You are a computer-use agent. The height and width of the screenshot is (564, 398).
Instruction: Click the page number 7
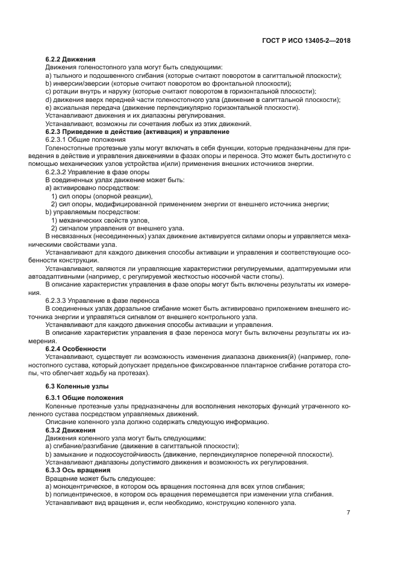tap(349, 513)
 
